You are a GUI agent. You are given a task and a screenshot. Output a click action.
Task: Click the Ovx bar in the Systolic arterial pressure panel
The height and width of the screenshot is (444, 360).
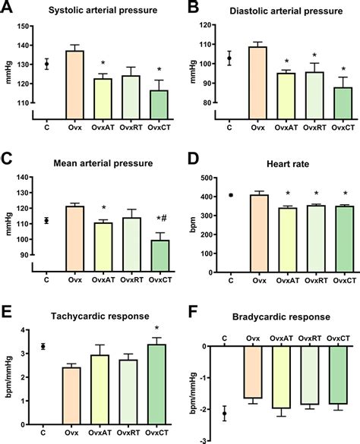74,83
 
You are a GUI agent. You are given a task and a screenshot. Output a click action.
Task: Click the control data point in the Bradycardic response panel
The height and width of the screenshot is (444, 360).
223,413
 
